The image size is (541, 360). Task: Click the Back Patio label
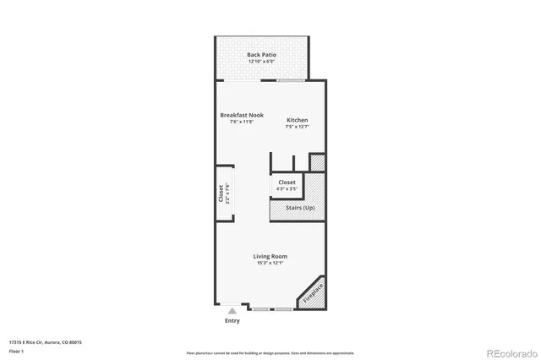tap(261, 55)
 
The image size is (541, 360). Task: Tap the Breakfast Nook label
tap(242, 115)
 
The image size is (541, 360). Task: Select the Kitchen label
tap(297, 121)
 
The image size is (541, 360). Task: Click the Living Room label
tap(270, 256)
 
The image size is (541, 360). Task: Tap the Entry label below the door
tap(232, 321)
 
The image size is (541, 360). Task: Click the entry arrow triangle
tap(232, 312)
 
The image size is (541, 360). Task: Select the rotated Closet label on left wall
tap(221, 193)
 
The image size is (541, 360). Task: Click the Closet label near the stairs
tap(287, 182)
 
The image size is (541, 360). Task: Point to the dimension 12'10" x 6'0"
tap(261, 62)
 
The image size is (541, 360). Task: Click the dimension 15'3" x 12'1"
tap(270, 263)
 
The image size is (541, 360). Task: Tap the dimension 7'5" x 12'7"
tap(297, 128)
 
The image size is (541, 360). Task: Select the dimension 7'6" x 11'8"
tap(242, 122)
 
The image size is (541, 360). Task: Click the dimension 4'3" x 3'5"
tap(287, 188)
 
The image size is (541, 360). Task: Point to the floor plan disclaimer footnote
tap(270, 352)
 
